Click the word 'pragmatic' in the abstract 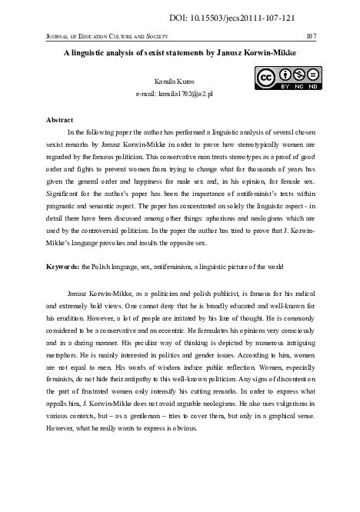[x=66, y=208]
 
